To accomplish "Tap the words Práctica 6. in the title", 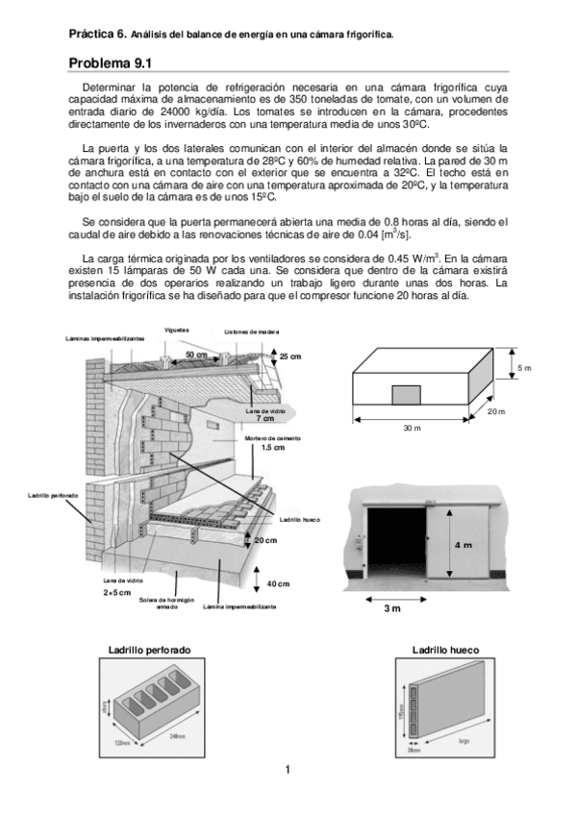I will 97,33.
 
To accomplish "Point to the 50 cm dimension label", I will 196,355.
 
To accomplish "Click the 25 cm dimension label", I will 289,356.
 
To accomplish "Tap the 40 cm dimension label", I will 278,584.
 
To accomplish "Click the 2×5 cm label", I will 116,592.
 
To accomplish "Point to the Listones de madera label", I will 251,332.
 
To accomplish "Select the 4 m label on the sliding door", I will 462,545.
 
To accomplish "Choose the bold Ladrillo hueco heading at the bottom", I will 445,650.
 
